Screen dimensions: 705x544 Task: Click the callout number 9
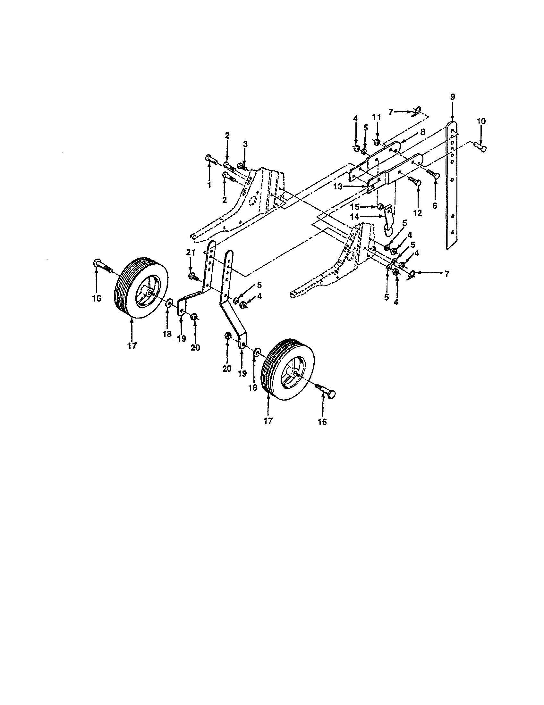click(x=452, y=96)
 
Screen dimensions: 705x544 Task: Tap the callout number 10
click(x=481, y=122)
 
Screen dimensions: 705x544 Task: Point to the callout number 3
click(x=245, y=144)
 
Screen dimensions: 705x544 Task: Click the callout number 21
click(x=191, y=253)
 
